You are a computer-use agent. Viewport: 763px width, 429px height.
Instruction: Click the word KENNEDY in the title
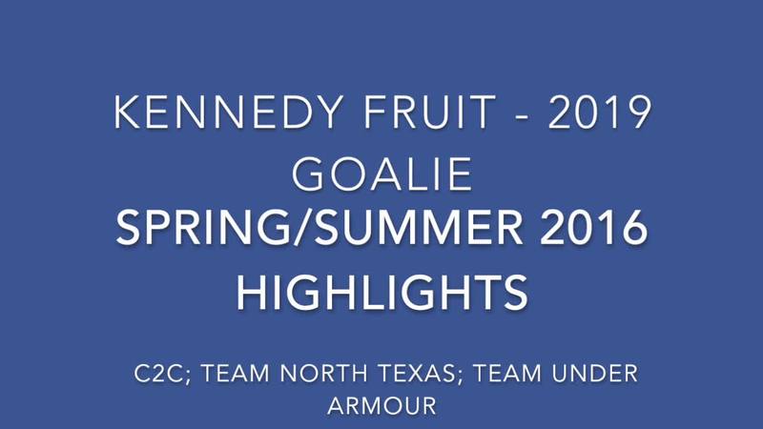point(228,112)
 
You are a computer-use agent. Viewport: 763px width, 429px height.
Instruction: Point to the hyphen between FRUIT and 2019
point(522,116)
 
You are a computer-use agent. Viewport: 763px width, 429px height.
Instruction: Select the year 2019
point(600,112)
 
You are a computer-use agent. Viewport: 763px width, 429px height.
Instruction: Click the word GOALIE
point(382,174)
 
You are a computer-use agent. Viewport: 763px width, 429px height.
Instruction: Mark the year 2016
point(593,228)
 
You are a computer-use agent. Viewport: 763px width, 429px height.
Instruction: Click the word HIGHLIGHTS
point(382,293)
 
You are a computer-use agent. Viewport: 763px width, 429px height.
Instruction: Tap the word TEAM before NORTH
point(236,374)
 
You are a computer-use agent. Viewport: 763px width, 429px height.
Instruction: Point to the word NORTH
point(323,374)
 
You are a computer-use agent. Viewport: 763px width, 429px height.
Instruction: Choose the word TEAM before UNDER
point(507,374)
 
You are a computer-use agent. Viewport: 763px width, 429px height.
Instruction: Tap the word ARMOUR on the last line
point(382,406)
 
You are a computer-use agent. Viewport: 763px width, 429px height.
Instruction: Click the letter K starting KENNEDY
point(126,112)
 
